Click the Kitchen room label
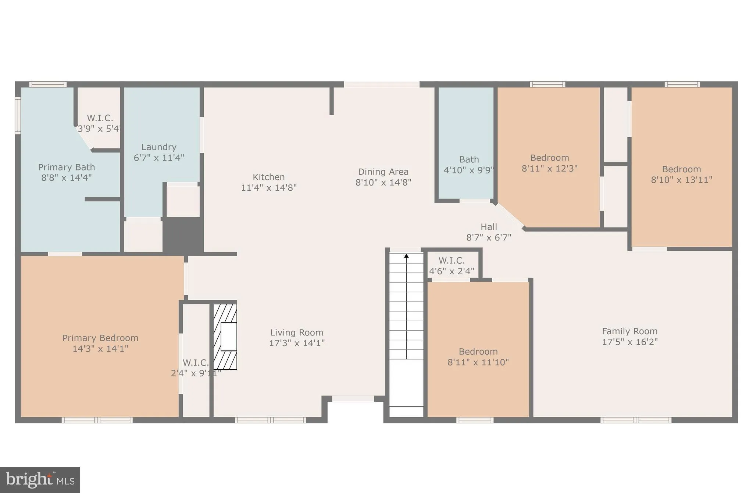[x=268, y=177]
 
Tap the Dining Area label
[x=383, y=172]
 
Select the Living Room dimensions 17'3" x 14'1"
[x=297, y=343]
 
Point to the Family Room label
[x=629, y=331]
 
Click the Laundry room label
[x=159, y=147]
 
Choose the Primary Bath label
[x=67, y=168]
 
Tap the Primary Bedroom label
[x=100, y=338]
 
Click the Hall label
[x=489, y=227]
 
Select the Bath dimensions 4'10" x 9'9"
[x=469, y=170]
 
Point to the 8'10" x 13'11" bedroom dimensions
[x=681, y=180]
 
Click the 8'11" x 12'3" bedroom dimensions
[x=549, y=168]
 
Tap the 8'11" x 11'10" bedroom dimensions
[x=478, y=362]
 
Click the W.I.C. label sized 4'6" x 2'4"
[x=452, y=261]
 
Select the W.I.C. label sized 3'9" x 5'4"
[x=100, y=118]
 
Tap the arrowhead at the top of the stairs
[x=406, y=256]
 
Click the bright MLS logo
[x=40, y=480]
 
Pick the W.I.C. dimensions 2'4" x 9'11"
[x=196, y=373]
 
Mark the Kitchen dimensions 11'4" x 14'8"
[x=268, y=188]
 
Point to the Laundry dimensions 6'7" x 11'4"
[x=159, y=158]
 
